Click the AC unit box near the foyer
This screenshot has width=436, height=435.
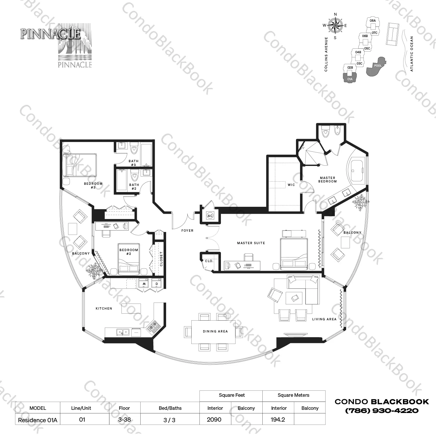[210, 216]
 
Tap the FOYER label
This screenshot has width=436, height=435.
[187, 231]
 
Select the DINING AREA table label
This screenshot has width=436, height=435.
[215, 331]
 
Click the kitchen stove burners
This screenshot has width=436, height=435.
[153, 326]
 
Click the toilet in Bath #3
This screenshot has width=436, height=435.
[134, 149]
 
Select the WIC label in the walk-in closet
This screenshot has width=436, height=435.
[291, 185]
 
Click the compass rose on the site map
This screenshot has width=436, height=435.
[335, 26]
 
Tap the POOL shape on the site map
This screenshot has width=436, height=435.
[376, 66]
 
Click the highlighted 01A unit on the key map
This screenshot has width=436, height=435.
[350, 78]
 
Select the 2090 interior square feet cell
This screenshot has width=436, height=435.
[215, 420]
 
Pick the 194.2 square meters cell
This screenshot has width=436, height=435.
[278, 420]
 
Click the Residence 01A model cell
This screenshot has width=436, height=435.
[38, 420]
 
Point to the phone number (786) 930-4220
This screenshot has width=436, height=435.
[381, 411]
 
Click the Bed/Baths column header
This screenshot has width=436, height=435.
[170, 408]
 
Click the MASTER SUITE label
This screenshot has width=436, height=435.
[251, 243]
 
